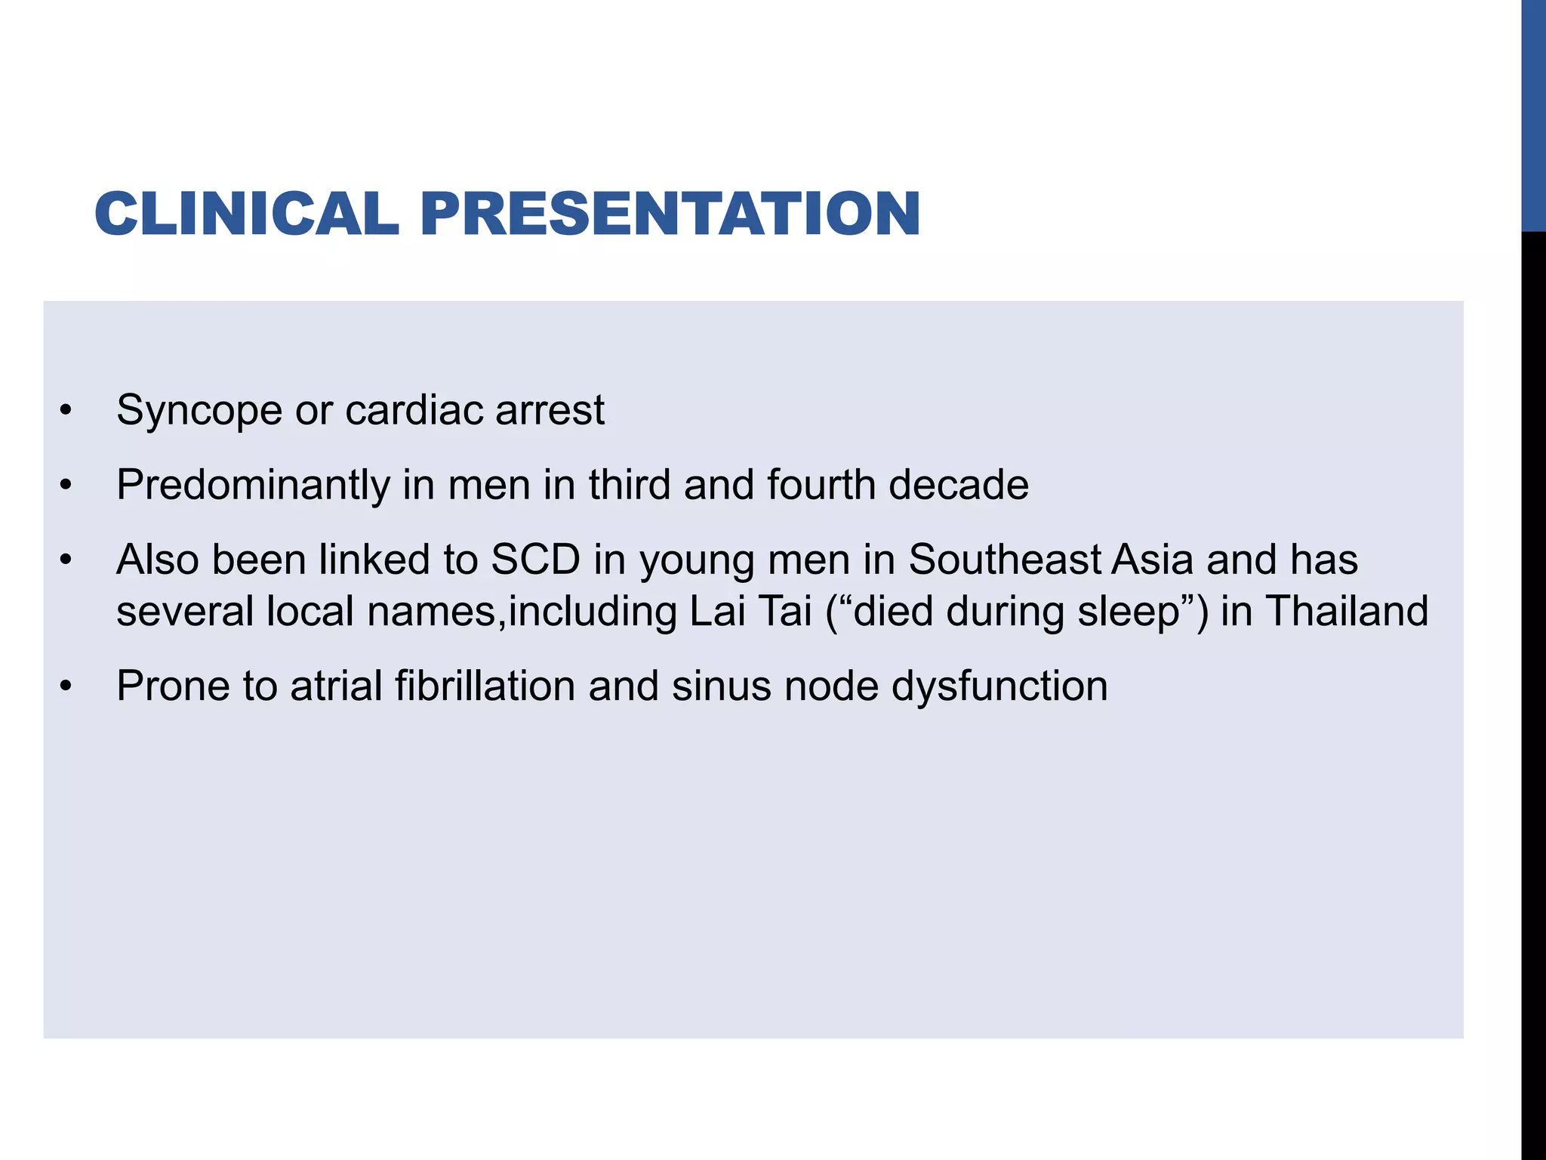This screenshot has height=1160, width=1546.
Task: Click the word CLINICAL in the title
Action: pyautogui.click(x=246, y=214)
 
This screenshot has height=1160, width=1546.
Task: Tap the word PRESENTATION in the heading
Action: pyautogui.click(x=670, y=214)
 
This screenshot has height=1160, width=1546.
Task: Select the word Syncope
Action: pyautogui.click(x=199, y=412)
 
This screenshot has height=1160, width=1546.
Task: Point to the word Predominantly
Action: pyautogui.click(x=253, y=486)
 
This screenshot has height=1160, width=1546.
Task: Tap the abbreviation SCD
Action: pyautogui.click(x=535, y=560)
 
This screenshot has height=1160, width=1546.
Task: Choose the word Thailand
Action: pyautogui.click(x=1347, y=611)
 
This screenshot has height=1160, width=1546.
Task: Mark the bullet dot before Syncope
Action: pyautogui.click(x=66, y=412)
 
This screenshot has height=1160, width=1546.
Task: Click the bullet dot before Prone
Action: pyautogui.click(x=66, y=687)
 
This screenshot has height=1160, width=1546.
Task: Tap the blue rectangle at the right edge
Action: pyautogui.click(x=1533, y=115)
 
